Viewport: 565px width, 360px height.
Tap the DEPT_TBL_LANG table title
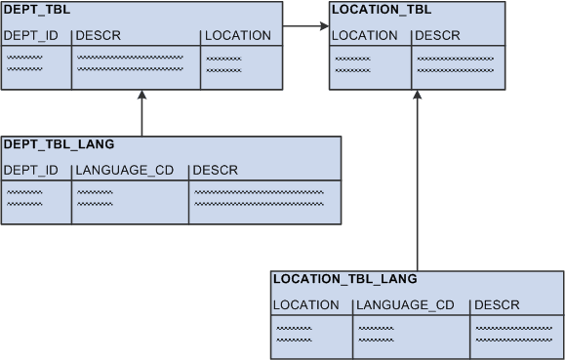[60, 144]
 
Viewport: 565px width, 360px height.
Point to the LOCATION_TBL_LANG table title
[345, 279]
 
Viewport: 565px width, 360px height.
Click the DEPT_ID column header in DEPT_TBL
[31, 36]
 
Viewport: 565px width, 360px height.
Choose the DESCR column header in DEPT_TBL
[98, 36]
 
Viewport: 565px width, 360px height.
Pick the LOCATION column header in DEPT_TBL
[239, 36]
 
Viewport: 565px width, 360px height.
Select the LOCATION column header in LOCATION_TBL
[365, 36]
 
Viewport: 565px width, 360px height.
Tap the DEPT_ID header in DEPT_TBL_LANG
[31, 171]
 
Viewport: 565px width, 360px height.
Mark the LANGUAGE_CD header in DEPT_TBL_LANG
[125, 171]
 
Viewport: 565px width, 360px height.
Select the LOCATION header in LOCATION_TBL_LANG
[306, 305]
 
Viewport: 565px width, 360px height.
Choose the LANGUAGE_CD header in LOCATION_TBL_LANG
[406, 305]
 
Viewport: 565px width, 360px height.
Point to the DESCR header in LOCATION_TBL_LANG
[497, 305]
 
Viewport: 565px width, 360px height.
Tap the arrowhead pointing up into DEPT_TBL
[142, 96]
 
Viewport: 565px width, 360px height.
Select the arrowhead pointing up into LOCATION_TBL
[417, 96]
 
